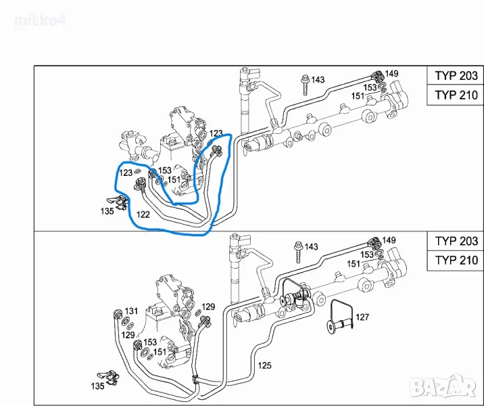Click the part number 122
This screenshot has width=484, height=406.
143,215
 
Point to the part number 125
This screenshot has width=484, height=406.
264,365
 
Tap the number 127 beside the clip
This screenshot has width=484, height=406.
362,317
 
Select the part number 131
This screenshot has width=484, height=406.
131,311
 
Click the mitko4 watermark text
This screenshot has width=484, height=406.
40,21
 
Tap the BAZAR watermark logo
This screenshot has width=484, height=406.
444,386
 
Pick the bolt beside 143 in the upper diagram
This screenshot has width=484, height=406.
306,85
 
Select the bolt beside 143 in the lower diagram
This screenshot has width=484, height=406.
299,252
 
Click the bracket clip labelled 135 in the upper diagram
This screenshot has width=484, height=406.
118,202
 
